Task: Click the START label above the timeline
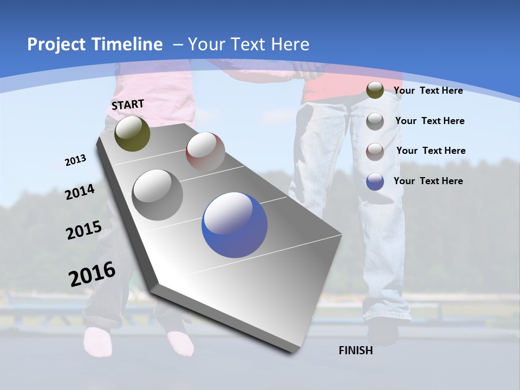coord(128,105)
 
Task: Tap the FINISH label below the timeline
coord(356,350)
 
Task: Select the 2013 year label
coord(75,160)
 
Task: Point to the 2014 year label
coord(80,192)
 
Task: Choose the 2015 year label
coord(84,230)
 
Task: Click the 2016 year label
coord(92,274)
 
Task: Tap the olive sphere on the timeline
coord(133,134)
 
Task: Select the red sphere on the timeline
coord(205,152)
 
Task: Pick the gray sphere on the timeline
coord(158,195)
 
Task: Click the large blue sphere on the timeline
coord(235,225)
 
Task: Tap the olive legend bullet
coord(375,90)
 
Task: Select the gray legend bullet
coord(375,121)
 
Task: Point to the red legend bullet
coord(375,151)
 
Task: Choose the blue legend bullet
coord(375,181)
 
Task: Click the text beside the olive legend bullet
coord(428,90)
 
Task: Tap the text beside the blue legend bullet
coord(428,181)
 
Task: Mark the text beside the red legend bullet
coord(431,151)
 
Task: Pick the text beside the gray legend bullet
coord(430,121)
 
